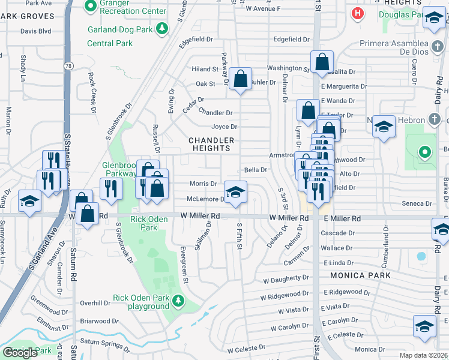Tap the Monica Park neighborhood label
[x=360, y=275]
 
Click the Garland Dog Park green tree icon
[x=161, y=28]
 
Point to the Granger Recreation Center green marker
[x=91, y=7]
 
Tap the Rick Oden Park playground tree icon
[x=178, y=300]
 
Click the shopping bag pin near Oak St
[x=240, y=79]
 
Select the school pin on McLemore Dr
[x=236, y=192]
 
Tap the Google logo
[x=20, y=353]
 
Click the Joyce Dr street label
[x=224, y=127]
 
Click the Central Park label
[x=110, y=43]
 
